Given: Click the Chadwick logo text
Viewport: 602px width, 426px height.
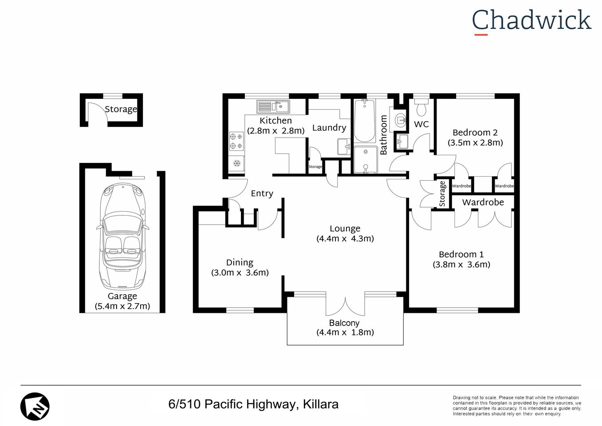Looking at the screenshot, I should tap(531, 21).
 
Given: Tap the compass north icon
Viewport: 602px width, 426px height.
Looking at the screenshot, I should tap(35, 406).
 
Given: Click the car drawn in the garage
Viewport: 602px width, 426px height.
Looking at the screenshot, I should tap(122, 235).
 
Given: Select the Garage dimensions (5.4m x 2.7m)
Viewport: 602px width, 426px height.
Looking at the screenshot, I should tap(122, 306).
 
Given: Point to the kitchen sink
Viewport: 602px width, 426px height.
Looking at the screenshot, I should tap(273, 106).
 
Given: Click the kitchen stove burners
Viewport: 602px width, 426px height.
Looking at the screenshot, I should tap(236, 141).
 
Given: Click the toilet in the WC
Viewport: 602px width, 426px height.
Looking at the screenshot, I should tap(421, 107).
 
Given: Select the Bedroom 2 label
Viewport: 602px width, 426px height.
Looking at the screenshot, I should tap(475, 132).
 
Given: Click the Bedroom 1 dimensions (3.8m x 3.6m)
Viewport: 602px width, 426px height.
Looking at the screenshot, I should tap(461, 264).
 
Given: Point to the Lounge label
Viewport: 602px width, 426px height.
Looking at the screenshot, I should tap(345, 229).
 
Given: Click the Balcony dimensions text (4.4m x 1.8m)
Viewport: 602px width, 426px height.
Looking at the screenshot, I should tap(345, 332).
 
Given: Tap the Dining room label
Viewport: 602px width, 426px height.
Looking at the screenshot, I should tap(240, 262).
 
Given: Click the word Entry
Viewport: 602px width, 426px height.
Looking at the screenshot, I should tap(262, 193).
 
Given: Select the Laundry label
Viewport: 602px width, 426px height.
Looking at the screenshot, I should tap(329, 128).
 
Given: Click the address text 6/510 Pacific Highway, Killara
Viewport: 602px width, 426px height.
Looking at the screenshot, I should tap(253, 404).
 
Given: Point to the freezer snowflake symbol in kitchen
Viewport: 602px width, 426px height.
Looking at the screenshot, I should tap(236, 163).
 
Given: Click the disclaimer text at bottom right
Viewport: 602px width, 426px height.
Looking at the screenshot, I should tap(516, 406).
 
